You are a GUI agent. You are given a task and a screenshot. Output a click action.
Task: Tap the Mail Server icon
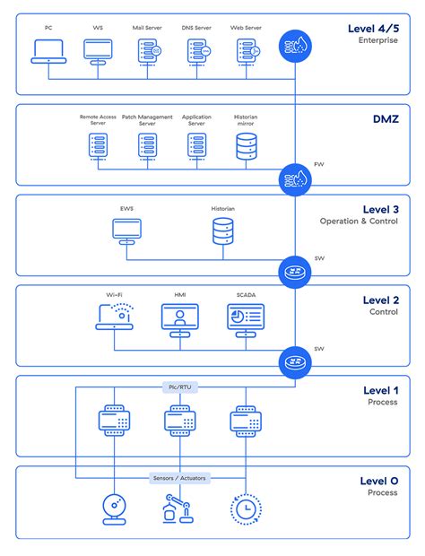tap(148, 53)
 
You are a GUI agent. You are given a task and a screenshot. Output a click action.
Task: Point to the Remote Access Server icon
tap(98, 144)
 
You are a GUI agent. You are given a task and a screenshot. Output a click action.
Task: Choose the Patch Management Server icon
tap(147, 144)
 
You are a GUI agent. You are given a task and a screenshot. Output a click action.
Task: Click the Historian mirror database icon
tap(246, 144)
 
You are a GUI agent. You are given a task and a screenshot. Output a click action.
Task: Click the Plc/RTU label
tap(179, 387)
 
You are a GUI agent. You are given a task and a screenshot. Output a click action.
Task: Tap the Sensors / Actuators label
tap(179, 478)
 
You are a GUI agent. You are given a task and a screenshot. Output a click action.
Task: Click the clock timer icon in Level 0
tap(245, 509)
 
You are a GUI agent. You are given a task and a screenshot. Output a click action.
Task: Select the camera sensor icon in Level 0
tap(114, 509)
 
